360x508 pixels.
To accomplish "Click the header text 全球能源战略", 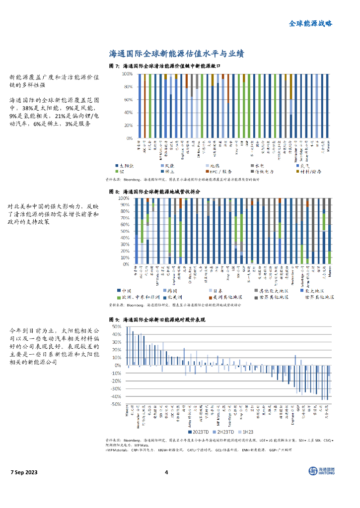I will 310,23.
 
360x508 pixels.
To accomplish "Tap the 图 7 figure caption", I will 163,66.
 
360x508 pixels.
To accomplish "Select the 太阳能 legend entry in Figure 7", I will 125,165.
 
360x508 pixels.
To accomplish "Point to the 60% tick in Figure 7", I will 128,100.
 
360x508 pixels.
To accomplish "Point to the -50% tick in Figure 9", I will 116,404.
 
